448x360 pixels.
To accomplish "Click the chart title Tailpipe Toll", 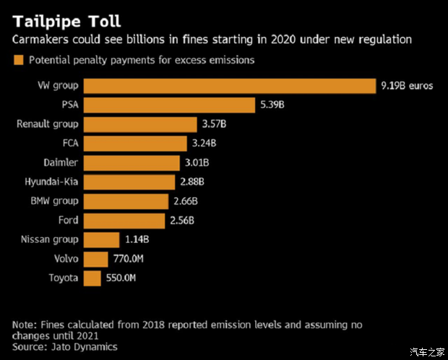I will [64, 18].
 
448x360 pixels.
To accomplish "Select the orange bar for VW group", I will [230, 86].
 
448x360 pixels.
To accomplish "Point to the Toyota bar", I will [92, 278].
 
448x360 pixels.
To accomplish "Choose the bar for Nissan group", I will [101, 239].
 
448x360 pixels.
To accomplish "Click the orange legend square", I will [18, 60].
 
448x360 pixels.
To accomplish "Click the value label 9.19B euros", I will [407, 86].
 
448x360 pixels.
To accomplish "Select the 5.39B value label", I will [272, 105].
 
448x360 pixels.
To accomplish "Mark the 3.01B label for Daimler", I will [197, 163].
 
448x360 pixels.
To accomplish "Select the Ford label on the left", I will [68, 220].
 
